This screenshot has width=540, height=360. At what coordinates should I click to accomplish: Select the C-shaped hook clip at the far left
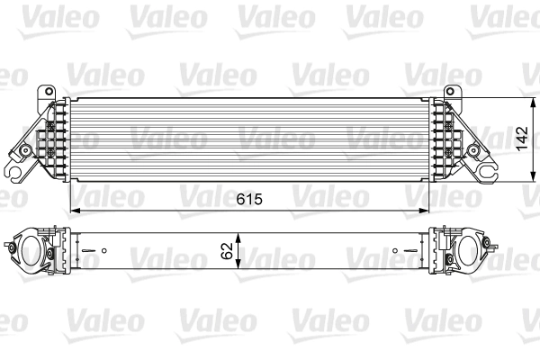tap(15, 167)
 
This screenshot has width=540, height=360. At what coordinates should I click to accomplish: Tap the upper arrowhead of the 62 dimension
tap(238, 232)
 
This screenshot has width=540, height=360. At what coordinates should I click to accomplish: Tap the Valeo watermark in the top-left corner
tap(32, 16)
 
